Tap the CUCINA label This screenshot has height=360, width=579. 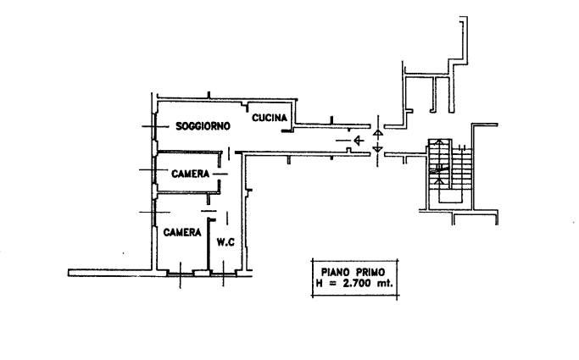pos(270,118)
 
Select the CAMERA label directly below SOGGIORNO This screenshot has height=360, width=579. pos(192,174)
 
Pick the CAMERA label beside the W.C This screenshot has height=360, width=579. pos(181,232)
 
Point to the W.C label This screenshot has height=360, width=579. pos(225,242)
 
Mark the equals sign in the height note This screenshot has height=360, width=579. pos(330,283)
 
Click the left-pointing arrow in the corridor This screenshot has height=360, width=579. pos(359,140)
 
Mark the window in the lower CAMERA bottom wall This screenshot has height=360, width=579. pos(180,272)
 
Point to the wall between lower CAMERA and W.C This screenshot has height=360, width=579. pos(209,246)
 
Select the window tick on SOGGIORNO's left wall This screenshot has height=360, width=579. pos(153,127)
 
